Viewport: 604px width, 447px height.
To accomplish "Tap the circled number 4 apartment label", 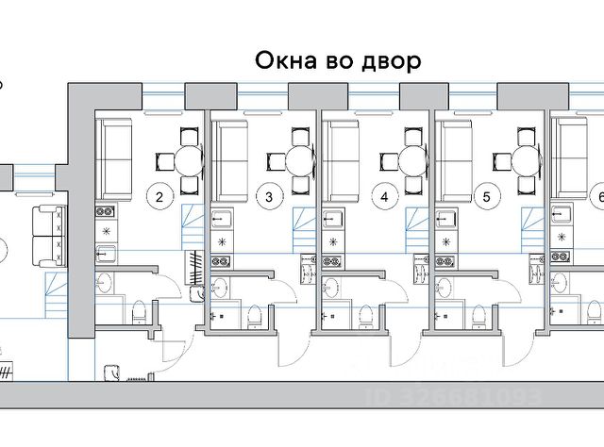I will [x=382, y=197].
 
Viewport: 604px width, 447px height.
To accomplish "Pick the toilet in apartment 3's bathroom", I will [x=253, y=316].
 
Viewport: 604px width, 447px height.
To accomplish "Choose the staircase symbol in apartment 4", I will [x=416, y=223].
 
